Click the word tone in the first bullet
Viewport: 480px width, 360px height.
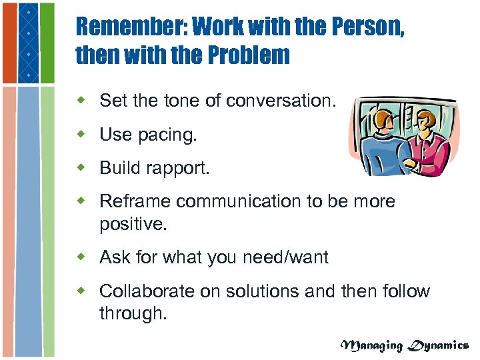tap(179, 101)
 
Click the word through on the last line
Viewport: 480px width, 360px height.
tap(131, 314)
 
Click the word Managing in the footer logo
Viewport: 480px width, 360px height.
tap(372, 345)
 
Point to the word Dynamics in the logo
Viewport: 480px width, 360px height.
tap(439, 345)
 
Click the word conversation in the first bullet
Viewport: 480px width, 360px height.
tap(282, 101)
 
